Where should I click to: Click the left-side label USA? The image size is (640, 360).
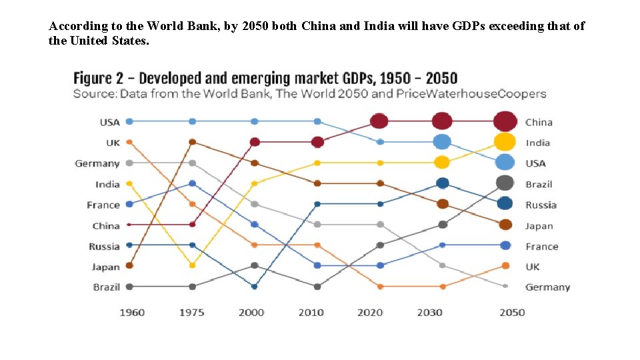[109, 122]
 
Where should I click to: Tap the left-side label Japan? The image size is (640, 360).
[105, 267]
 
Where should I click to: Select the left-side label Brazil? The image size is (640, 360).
[106, 287]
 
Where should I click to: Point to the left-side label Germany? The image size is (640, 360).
[97, 163]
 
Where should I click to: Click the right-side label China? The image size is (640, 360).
[539, 122]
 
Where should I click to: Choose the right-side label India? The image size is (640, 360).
[537, 143]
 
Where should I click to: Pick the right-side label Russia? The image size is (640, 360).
[540, 205]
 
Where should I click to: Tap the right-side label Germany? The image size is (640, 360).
[547, 287]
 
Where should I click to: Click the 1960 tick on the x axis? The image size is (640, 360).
[131, 313]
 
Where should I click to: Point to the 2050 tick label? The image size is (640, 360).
[511, 313]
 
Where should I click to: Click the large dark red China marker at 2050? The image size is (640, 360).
[505, 121]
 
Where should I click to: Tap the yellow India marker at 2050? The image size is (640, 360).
[505, 142]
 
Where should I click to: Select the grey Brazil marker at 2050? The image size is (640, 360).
[505, 183]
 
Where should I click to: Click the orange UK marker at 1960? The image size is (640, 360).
[129, 142]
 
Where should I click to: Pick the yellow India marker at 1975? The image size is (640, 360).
[192, 265]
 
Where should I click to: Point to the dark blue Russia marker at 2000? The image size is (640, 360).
[255, 287]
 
